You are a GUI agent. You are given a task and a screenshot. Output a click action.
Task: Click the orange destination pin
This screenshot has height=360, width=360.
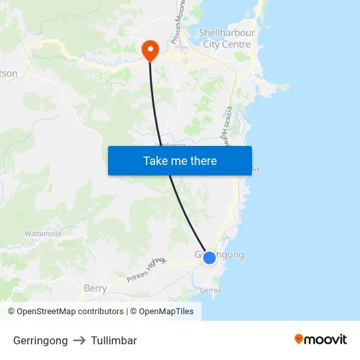pos(150,49)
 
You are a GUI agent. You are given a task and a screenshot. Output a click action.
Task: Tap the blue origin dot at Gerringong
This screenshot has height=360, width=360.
pos(209,258)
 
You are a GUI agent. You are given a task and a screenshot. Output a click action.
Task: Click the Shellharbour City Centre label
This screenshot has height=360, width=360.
pos(226,38)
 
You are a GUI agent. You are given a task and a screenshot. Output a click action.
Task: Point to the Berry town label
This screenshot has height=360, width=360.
pos(95,288)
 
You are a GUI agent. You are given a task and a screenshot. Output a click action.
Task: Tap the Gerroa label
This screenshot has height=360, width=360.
pos(211,290)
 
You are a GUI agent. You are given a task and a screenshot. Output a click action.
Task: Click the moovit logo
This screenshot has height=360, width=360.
pos(320,340)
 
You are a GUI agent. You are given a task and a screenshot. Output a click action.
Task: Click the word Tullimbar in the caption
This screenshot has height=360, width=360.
pos(114,340)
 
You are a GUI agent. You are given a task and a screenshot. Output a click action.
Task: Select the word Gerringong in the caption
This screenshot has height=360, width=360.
pos(40,340)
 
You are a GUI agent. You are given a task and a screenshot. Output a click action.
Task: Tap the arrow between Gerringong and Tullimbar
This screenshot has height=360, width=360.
pos(79,340)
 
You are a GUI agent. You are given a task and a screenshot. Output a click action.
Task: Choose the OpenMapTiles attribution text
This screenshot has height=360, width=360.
pos(162,312)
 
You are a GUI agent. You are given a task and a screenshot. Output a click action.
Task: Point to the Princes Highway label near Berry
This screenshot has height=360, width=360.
pos(147,269)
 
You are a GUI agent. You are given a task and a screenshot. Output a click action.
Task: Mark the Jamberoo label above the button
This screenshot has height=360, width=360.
pos(170,144)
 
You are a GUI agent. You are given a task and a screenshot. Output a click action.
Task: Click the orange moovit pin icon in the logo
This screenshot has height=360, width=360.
pos(299,339)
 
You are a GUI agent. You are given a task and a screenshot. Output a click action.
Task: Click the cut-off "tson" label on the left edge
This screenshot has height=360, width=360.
pos(9,73)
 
